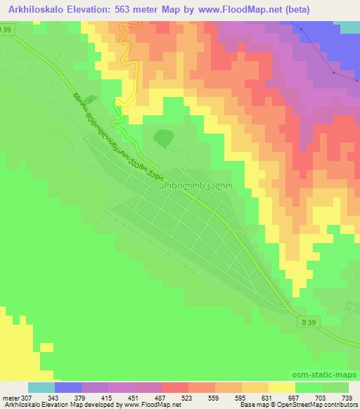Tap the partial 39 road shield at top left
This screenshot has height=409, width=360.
6,30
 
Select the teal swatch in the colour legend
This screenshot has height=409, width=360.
41,387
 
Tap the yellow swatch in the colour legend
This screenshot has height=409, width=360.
282,387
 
